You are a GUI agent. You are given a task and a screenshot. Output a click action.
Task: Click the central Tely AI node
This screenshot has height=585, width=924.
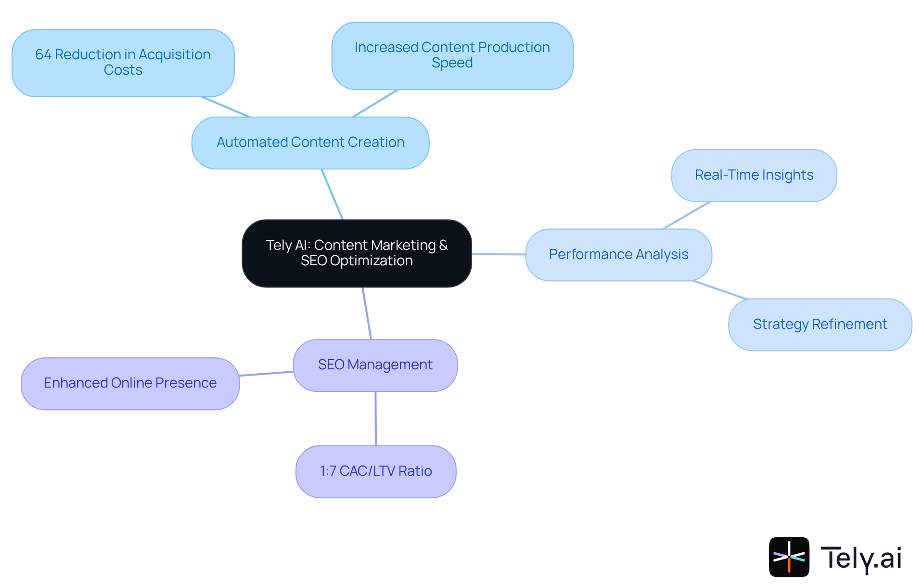coord(357,253)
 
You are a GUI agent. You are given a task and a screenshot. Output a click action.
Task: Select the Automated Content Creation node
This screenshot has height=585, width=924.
coord(310,143)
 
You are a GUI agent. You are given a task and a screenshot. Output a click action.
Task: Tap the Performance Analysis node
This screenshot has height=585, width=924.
coord(618,255)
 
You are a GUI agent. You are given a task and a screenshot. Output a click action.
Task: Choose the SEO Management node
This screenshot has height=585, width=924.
coord(375,365)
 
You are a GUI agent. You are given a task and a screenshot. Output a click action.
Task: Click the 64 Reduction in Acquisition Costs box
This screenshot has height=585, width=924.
coord(123,63)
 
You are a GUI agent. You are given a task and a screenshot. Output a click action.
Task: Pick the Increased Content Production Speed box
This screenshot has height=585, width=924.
coord(452,55)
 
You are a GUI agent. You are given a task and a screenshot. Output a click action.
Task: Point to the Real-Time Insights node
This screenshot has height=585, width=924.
coord(754,175)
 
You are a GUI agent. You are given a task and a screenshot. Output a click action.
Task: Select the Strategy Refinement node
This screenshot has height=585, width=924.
coord(820,325)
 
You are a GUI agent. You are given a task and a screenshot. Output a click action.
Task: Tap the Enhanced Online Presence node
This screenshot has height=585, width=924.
coord(130,383)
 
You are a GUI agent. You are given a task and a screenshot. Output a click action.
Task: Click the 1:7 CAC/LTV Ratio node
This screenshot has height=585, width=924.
coord(375,471)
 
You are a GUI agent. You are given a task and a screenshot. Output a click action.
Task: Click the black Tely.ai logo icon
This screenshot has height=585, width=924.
coord(789,557)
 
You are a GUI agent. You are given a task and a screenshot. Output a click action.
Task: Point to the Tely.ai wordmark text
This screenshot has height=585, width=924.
coord(861,558)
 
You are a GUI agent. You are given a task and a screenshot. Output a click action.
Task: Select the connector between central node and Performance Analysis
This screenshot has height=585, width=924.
coord(499,254)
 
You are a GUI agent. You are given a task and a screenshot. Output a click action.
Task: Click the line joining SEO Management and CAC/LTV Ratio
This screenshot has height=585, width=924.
coord(375,418)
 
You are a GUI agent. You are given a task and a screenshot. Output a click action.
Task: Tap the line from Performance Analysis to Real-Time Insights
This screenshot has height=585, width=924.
coord(686,215)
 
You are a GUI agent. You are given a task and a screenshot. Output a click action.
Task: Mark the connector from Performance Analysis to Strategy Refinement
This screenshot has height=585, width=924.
coord(720,290)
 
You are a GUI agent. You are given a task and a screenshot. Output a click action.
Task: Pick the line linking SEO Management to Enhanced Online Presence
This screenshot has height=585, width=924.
coord(266,374)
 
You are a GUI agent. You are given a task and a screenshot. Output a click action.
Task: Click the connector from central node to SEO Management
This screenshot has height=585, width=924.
coord(367,313)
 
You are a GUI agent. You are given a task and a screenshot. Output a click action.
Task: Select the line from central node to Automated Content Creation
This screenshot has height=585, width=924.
coord(332,194)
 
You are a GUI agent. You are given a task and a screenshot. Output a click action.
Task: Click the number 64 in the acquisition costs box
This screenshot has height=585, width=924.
coord(43,55)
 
